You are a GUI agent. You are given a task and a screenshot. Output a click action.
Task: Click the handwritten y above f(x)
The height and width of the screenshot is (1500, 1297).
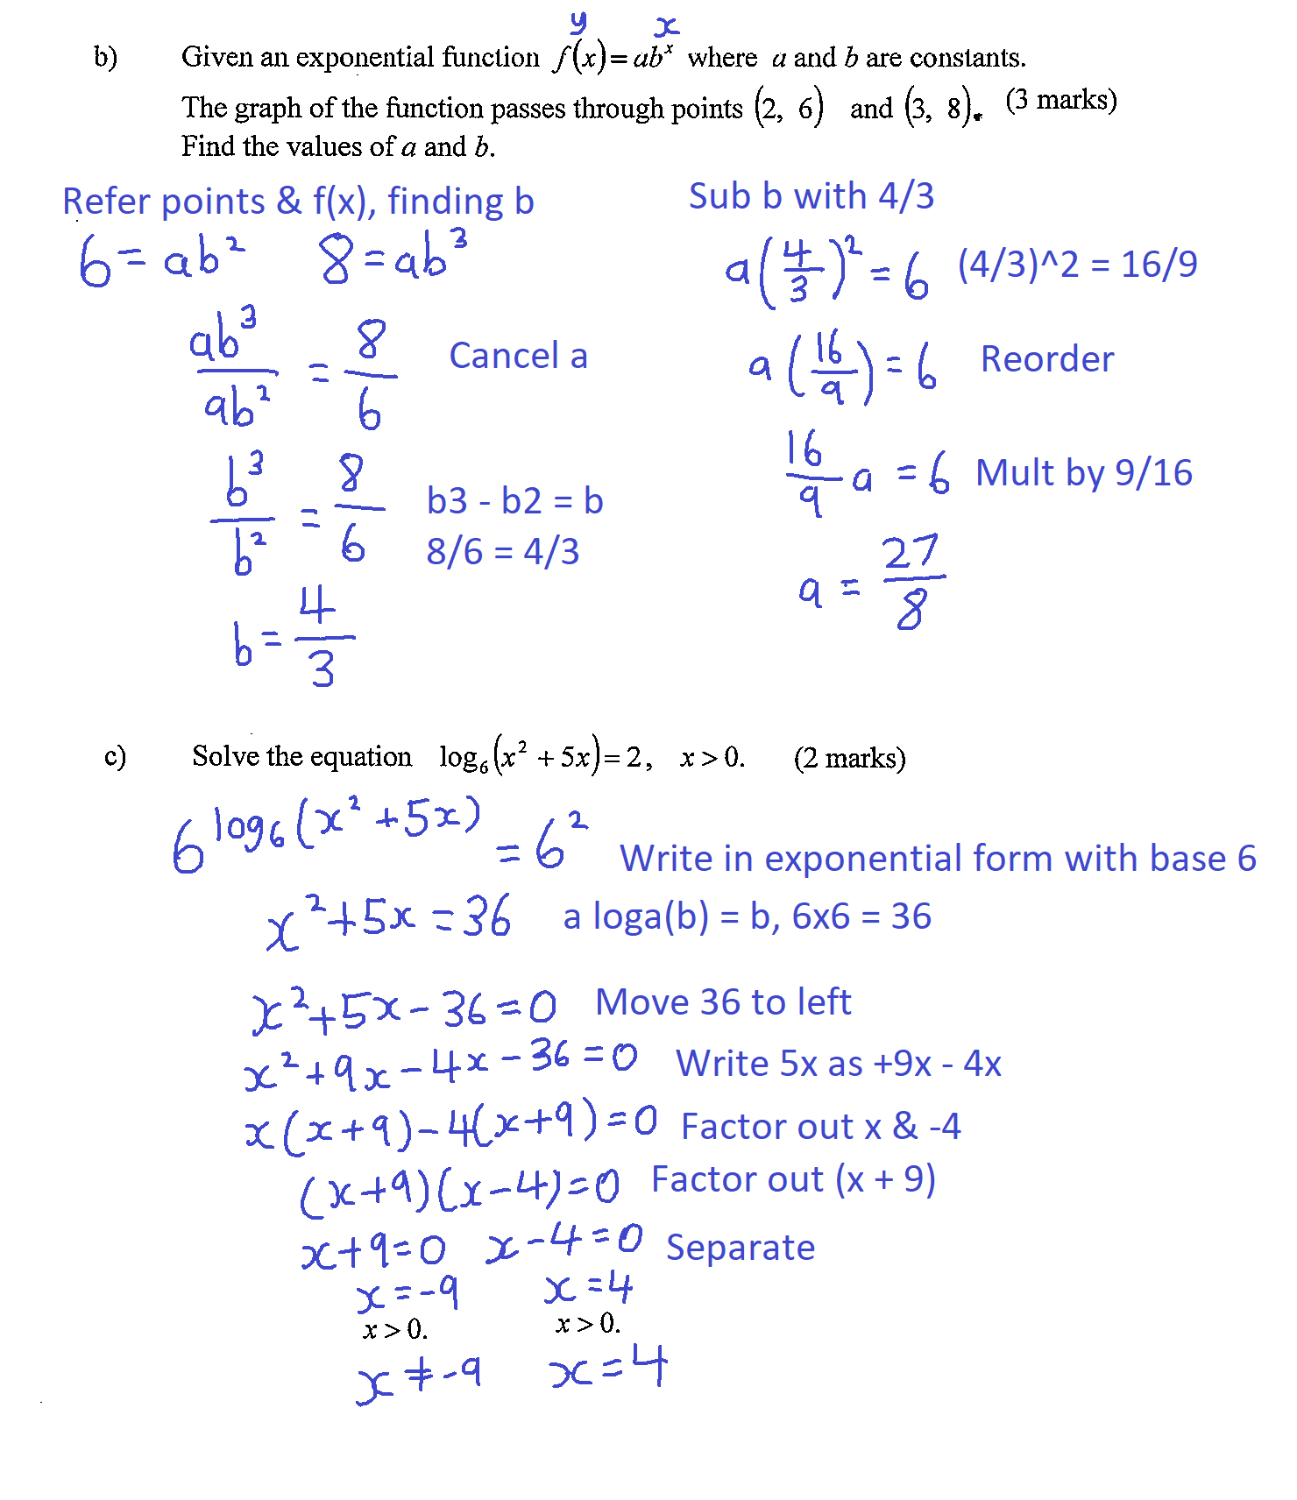[578, 22]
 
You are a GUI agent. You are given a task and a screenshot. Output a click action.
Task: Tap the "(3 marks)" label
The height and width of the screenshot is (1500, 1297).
[1061, 100]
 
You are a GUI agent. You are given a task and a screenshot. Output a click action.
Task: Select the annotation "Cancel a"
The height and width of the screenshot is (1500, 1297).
[518, 357]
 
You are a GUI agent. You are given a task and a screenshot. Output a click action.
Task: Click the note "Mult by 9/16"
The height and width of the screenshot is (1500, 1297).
[1084, 473]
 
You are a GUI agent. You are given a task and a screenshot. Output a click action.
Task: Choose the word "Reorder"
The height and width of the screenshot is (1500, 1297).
[1047, 359]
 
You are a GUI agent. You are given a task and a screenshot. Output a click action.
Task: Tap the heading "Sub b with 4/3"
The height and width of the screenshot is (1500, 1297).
[811, 196]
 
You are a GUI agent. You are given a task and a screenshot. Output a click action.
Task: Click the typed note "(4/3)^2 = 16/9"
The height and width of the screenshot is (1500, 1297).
[1077, 265]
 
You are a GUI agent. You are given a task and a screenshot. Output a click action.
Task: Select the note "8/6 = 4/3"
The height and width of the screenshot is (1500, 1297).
[502, 552]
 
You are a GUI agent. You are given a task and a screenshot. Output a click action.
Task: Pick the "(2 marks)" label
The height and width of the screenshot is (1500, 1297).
[849, 758]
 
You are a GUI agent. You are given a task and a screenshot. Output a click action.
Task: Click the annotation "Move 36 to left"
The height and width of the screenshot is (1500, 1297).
[723, 1002]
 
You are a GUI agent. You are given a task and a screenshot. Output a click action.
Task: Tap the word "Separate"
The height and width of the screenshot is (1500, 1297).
[741, 1248]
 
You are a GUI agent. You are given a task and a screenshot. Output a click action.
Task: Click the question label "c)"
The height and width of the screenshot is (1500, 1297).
[115, 755]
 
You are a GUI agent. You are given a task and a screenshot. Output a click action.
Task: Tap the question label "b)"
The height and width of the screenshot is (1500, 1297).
[105, 57]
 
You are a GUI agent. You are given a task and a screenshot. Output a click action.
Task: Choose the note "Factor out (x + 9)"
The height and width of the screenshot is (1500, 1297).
[793, 1180]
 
